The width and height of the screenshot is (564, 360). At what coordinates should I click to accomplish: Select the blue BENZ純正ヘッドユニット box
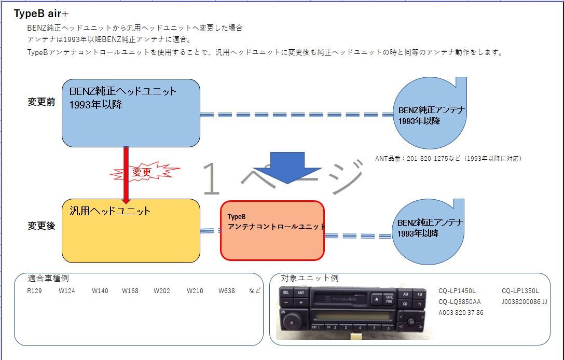pos(131,113)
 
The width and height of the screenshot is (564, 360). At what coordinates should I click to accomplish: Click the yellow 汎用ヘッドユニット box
pos(131,231)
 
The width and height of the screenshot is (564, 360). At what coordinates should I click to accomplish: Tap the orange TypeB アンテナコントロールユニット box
pos(272,230)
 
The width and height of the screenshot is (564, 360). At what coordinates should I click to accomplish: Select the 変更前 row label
pos(42,102)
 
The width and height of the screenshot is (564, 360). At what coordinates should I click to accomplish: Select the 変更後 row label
pos(42,226)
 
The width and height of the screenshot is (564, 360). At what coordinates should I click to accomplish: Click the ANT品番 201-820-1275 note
pos(448,159)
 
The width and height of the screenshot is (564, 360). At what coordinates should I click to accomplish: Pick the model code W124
pos(66,291)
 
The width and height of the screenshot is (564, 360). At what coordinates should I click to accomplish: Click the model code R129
pos(34,291)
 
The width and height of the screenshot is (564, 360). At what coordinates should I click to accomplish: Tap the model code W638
pos(226,291)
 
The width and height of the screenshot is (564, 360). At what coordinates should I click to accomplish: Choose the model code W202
pos(162,291)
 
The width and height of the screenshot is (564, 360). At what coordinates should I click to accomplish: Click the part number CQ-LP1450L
pos(457,291)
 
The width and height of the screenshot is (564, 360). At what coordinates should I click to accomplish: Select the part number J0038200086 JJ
pos(524,301)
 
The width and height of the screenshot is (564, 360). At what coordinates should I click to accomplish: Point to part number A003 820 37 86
pos(461,312)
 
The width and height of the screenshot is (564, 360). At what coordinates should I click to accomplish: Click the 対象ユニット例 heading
pos(309,279)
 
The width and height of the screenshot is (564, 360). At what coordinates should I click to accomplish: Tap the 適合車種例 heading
pos(48,279)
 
